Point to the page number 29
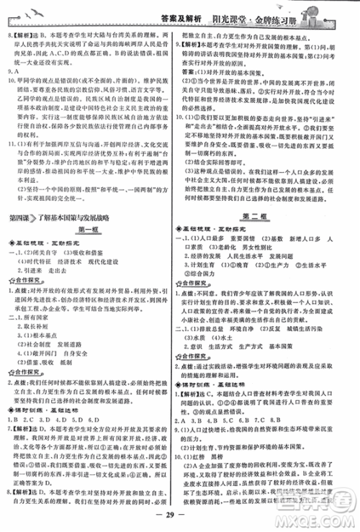coord(179,520)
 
